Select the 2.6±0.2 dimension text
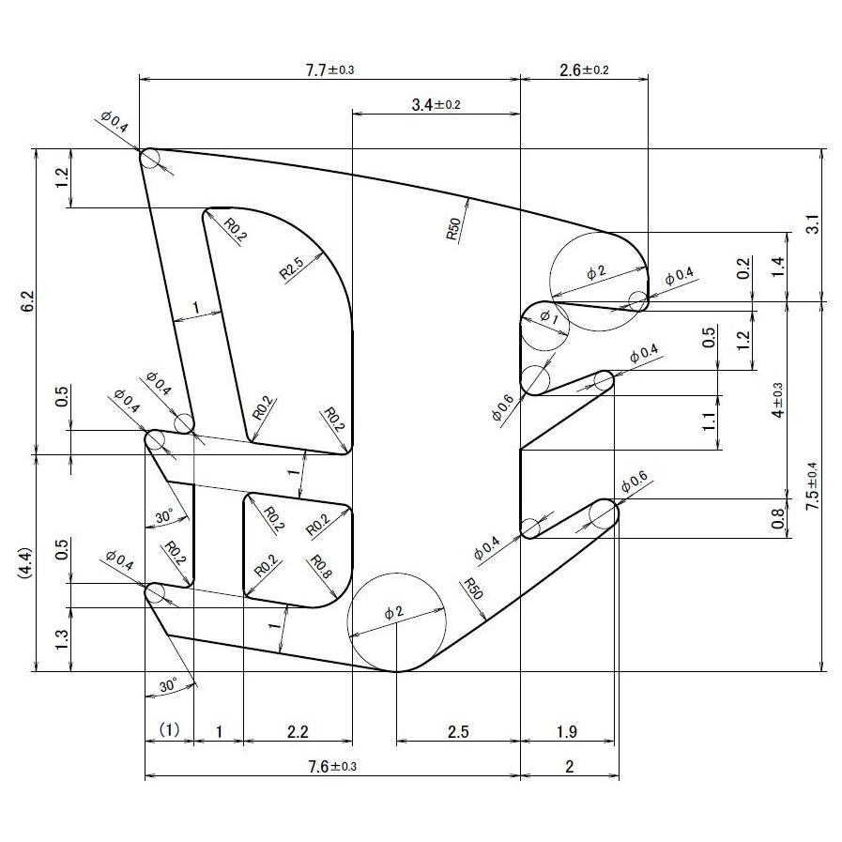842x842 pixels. (583, 69)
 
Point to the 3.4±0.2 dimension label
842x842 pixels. (436, 104)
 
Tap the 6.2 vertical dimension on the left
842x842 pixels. (27, 301)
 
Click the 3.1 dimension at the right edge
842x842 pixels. (813, 224)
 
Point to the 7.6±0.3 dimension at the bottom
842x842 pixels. (331, 767)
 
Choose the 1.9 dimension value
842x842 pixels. (567, 731)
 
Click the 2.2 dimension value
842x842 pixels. (297, 731)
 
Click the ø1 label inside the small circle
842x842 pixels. (547, 317)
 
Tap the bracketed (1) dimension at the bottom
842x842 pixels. (168, 729)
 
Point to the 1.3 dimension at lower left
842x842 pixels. (62, 639)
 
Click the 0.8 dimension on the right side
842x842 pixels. (777, 518)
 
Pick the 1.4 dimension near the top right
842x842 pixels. (776, 267)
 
